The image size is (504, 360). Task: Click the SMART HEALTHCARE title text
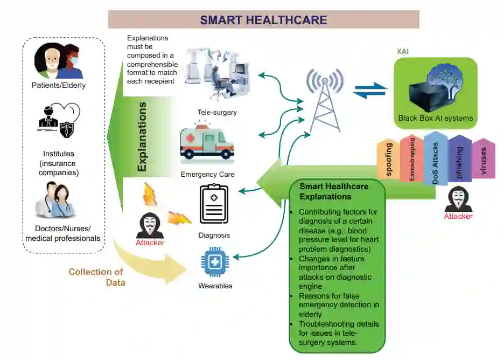263,20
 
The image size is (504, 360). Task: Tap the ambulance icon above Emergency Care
207,142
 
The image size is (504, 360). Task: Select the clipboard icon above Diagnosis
214,204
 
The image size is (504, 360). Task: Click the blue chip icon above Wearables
214,263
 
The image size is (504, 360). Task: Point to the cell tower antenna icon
325,99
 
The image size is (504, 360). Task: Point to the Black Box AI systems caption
435,118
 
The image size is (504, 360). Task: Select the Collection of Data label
96,276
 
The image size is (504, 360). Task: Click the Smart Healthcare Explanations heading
334,191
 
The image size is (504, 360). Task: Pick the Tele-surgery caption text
217,113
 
